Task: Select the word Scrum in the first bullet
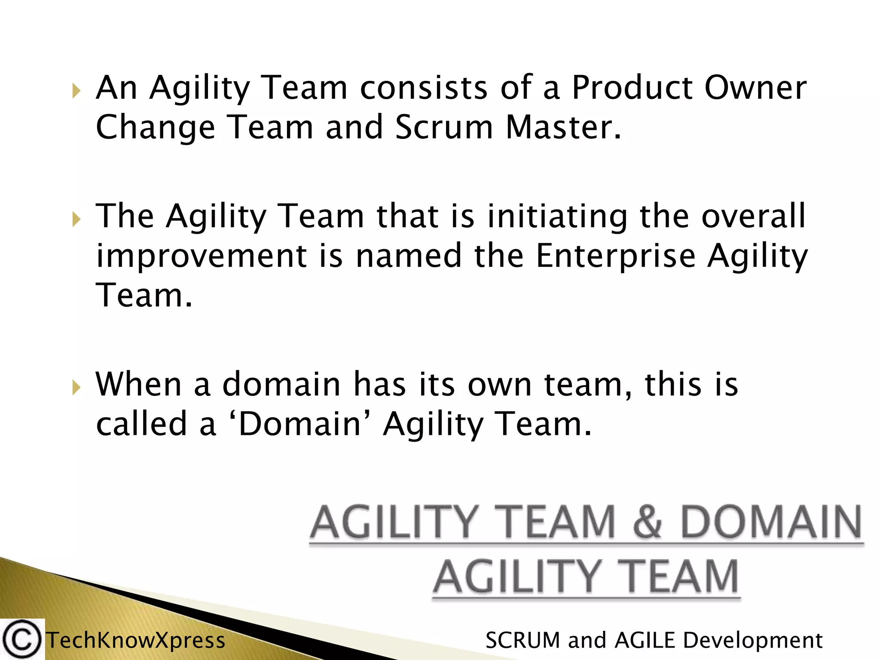coord(444,128)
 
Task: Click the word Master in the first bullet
coord(563,128)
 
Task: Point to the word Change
coord(155,128)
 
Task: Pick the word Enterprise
coord(615,256)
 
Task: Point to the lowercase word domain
coord(281,384)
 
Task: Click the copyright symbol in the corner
coord(22,639)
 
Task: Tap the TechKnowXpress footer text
coord(136,641)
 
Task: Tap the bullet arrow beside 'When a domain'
coord(76,388)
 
